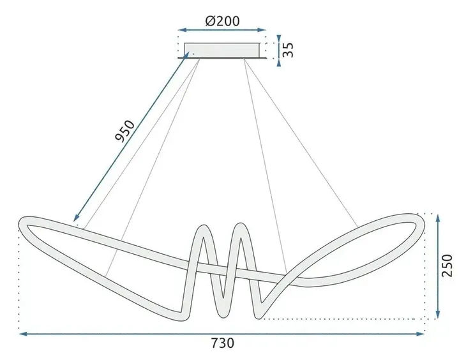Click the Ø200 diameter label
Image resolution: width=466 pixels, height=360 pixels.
(222, 20)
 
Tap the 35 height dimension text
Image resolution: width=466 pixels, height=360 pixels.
(289, 50)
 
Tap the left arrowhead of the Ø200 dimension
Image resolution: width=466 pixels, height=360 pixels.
(181, 29)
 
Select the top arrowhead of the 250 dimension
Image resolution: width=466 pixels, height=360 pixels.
(438, 218)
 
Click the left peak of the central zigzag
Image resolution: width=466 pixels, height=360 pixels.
(204, 227)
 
